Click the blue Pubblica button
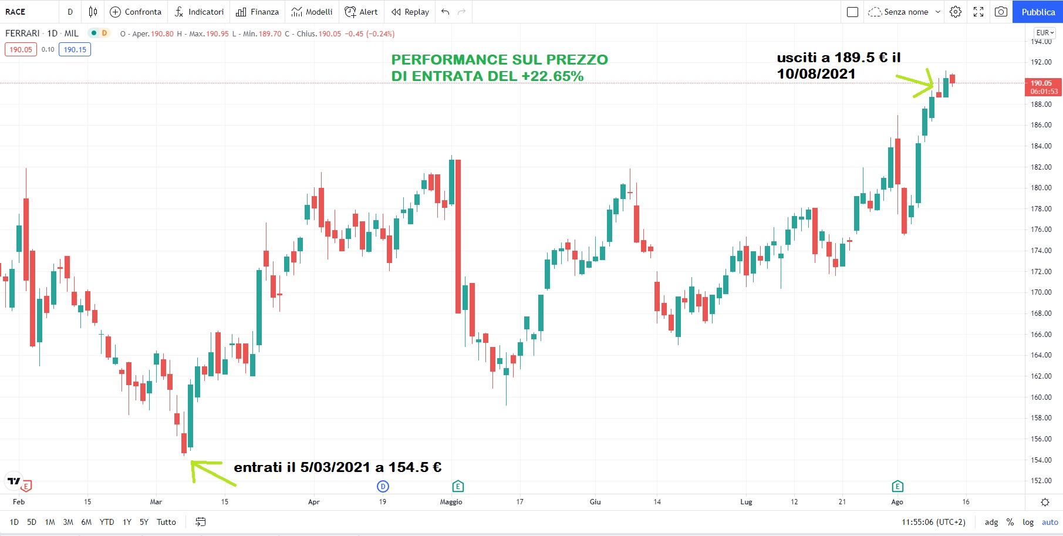1037,12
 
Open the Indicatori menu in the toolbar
199,12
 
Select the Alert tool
361,12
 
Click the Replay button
410,12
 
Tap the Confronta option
136,12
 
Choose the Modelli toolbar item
312,12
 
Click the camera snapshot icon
1001,12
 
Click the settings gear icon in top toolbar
956,12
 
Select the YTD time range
107,522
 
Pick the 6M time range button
86,522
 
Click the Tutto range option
166,522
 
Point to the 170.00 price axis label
1041,292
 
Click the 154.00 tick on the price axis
1041,460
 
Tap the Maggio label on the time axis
451,502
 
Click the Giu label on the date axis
595,502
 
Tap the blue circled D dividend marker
383,486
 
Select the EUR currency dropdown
1045,33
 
